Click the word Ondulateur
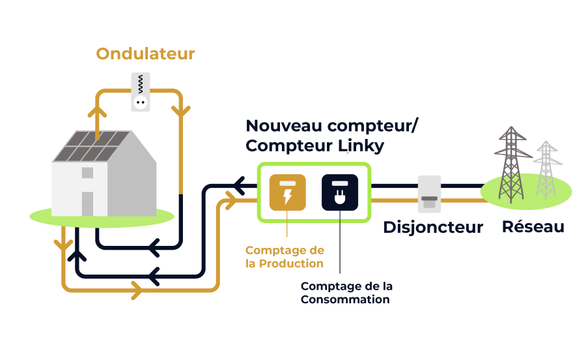(145, 54)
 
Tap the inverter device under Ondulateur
(141, 92)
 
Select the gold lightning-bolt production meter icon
(287, 192)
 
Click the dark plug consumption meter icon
(340, 192)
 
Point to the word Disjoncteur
(433, 228)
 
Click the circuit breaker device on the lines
(430, 194)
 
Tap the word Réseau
(533, 227)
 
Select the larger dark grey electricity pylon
(512, 165)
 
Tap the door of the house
(87, 204)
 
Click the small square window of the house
(87, 173)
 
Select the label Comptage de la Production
(285, 257)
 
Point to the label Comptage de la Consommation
(346, 293)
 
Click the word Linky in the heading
(361, 146)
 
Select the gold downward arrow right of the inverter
(181, 111)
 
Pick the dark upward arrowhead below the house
(77, 256)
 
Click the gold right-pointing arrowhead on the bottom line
(137, 290)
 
